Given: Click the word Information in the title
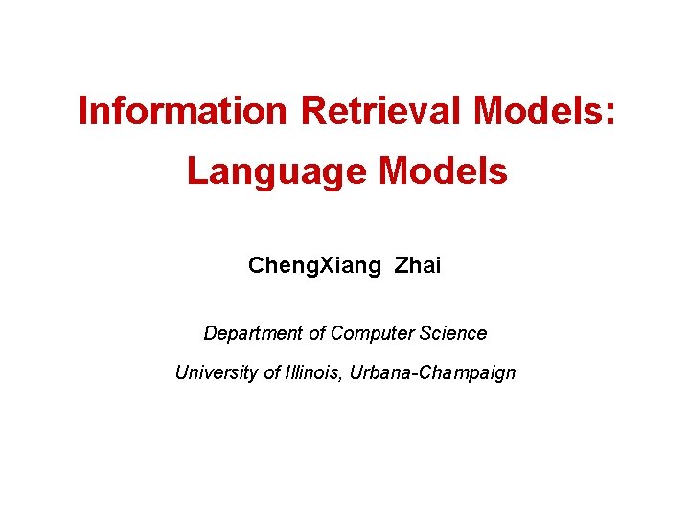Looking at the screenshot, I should [x=182, y=111].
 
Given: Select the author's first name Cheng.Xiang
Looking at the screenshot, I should [x=314, y=266].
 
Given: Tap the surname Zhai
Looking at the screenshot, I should [x=418, y=265].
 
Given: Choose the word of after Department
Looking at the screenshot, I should [x=317, y=333].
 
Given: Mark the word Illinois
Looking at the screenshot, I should [x=318, y=372].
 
